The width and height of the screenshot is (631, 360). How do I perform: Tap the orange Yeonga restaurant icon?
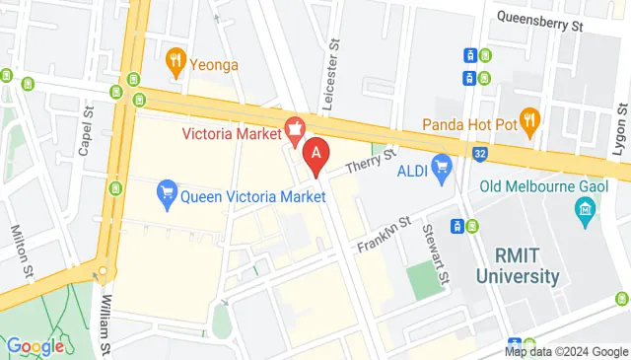point(177,62)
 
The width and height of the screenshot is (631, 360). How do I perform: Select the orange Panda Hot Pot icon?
point(530,122)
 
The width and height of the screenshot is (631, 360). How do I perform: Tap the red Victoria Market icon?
point(294,127)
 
